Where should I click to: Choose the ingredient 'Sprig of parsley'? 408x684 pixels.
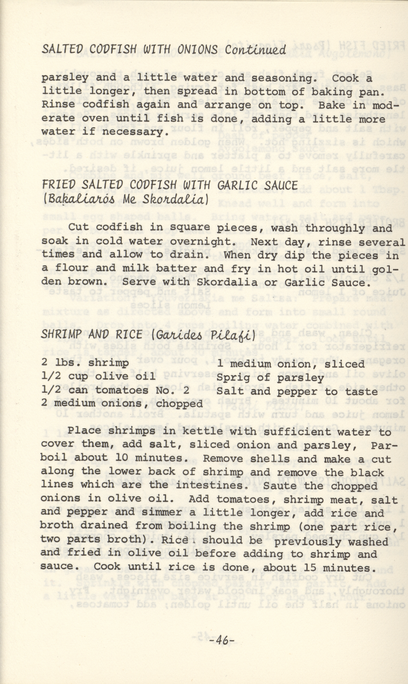point(270,378)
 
